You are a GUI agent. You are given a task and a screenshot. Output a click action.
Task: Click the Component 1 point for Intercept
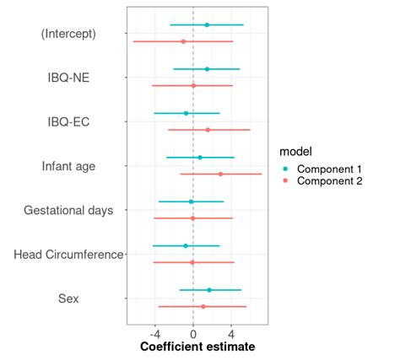(207, 25)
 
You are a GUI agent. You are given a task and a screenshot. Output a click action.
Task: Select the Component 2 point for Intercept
(183, 41)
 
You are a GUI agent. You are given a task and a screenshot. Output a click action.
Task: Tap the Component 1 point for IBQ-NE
(207, 69)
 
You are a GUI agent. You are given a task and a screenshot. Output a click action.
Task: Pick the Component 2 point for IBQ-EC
(208, 130)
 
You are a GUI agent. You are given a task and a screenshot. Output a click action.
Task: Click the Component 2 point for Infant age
(221, 174)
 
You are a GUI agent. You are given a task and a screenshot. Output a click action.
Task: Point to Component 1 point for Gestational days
(191, 201)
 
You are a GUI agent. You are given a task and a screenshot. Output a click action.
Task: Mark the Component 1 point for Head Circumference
(186, 246)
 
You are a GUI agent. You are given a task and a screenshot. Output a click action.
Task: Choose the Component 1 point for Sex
(209, 290)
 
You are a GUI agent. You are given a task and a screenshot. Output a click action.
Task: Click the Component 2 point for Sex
(203, 306)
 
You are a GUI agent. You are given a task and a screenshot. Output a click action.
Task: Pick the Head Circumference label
(69, 254)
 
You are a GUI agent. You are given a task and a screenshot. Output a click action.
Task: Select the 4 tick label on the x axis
(230, 333)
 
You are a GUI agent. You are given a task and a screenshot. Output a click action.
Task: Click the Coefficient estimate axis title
(197, 347)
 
